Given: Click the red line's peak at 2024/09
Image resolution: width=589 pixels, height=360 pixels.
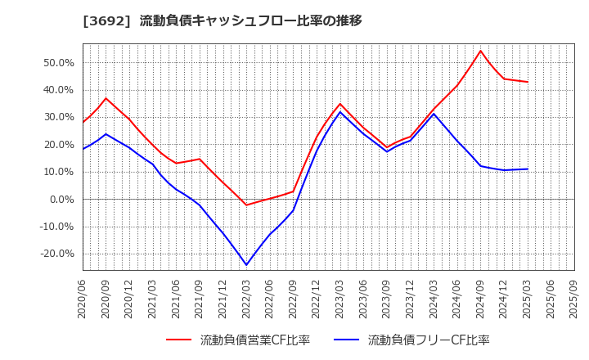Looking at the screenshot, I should pyautogui.click(x=480, y=51).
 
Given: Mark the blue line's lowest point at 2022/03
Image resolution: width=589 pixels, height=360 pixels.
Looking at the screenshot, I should pyautogui.click(x=246, y=265).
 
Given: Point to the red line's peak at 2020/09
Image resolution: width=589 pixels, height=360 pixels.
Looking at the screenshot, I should pyautogui.click(x=106, y=98).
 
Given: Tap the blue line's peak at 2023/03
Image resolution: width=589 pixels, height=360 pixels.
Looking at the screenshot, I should pyautogui.click(x=340, y=111).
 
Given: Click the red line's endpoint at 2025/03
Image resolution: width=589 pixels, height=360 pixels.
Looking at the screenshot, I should pyautogui.click(x=528, y=82).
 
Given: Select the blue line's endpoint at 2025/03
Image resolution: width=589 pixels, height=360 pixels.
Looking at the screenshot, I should pyautogui.click(x=528, y=169).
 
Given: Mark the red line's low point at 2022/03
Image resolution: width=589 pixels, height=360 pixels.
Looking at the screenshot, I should pyautogui.click(x=246, y=205).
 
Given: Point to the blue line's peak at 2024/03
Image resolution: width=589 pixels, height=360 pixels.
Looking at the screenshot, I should pyautogui.click(x=434, y=114).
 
